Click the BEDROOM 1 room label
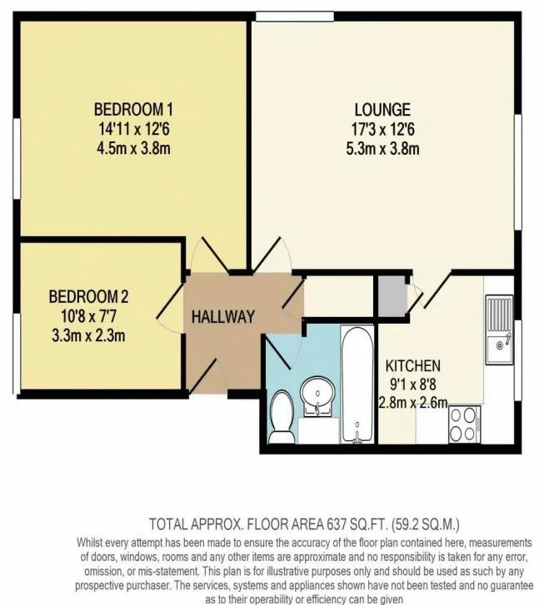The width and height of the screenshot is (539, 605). pyautogui.click(x=133, y=109)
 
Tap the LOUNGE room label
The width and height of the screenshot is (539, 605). pyautogui.click(x=382, y=110)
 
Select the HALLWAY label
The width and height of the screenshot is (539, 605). pyautogui.click(x=223, y=317)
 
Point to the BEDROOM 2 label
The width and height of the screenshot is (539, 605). pyautogui.click(x=88, y=296)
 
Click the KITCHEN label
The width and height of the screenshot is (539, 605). pyautogui.click(x=413, y=365)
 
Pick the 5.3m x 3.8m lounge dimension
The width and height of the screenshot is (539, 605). pyautogui.click(x=382, y=149)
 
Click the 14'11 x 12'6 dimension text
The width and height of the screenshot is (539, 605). pyautogui.click(x=133, y=129)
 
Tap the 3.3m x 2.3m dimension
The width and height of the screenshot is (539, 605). pyautogui.click(x=88, y=335)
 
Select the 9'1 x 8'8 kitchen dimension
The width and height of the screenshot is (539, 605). pyautogui.click(x=413, y=384)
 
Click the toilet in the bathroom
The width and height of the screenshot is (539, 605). pyautogui.click(x=282, y=416)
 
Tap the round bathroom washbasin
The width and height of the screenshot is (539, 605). pyautogui.click(x=317, y=394)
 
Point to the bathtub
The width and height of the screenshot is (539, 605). pyautogui.click(x=357, y=384)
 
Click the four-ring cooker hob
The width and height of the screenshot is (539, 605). pyautogui.click(x=464, y=424)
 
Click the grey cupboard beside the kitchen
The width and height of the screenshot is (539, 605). pyautogui.click(x=392, y=296)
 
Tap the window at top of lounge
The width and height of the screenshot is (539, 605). pyautogui.click(x=295, y=17)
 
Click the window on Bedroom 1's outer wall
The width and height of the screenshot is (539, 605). pyautogui.click(x=17, y=158)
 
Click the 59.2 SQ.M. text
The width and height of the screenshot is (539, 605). pyautogui.click(x=426, y=524)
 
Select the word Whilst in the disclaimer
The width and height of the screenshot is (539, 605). pyautogui.click(x=89, y=543)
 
